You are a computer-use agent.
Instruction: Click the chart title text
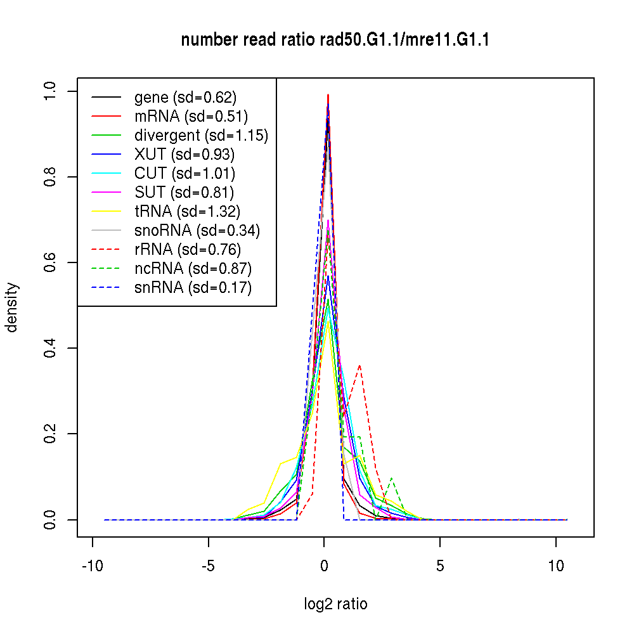click(x=335, y=41)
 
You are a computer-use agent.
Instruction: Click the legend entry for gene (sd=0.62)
click(x=185, y=97)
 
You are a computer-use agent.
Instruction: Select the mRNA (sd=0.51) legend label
click(x=191, y=116)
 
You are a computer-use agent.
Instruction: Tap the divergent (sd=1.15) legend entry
click(x=201, y=135)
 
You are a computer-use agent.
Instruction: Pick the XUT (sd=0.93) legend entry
click(x=184, y=154)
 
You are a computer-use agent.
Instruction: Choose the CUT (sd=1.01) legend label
click(x=184, y=173)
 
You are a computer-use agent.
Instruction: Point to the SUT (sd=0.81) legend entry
click(x=184, y=192)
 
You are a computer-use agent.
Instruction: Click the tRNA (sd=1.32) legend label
click(x=187, y=211)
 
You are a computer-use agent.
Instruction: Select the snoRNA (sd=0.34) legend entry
click(x=197, y=230)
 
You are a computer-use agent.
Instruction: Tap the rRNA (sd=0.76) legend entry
click(x=188, y=249)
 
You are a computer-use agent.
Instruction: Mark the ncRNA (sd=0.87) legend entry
click(x=193, y=268)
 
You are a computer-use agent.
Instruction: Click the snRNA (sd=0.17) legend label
click(x=193, y=287)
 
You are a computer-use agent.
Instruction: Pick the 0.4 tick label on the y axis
click(x=51, y=348)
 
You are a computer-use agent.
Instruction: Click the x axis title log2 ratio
click(x=335, y=604)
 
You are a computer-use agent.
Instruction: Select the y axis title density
click(x=12, y=307)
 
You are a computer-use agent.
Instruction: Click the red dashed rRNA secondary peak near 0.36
click(x=359, y=366)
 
